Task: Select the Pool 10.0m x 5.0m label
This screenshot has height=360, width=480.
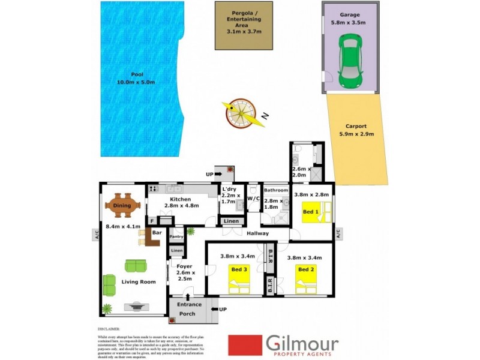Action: [x=139, y=78]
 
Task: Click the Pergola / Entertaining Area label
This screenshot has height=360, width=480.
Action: [x=244, y=24]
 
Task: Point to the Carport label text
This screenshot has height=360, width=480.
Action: [x=356, y=130]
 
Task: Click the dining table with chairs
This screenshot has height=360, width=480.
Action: [x=122, y=206]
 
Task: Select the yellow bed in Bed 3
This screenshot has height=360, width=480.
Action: [x=239, y=278]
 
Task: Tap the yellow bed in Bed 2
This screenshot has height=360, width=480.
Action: [x=305, y=278]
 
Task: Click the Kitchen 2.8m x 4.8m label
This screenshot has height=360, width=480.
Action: [x=180, y=203]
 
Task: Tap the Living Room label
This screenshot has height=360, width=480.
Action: [x=139, y=281]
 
